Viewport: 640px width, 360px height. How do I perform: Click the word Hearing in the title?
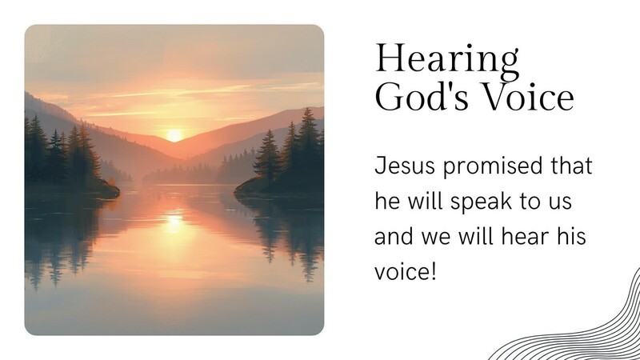[447, 60]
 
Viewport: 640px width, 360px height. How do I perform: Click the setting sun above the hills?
[174, 134]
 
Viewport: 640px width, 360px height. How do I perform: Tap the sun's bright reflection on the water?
[173, 220]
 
